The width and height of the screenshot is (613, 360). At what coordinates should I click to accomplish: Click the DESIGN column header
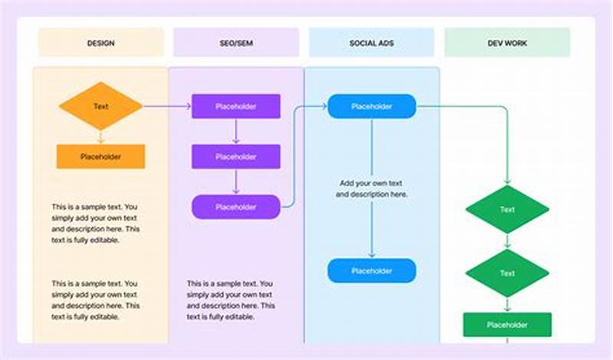pyautogui.click(x=100, y=43)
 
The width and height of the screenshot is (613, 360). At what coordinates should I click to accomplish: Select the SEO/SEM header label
pyautogui.click(x=236, y=43)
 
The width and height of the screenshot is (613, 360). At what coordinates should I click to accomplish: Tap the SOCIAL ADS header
pyautogui.click(x=372, y=43)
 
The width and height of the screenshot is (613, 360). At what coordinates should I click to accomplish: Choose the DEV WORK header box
pyautogui.click(x=507, y=43)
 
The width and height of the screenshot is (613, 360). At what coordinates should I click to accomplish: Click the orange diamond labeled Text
pyautogui.click(x=100, y=106)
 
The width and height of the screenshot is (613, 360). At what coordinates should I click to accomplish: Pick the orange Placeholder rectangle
pyautogui.click(x=100, y=156)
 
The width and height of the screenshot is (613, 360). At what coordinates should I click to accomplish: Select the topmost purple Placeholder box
pyautogui.click(x=236, y=106)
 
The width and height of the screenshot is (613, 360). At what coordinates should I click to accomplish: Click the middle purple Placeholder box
pyautogui.click(x=236, y=156)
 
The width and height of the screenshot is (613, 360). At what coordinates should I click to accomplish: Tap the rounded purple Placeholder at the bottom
pyautogui.click(x=236, y=207)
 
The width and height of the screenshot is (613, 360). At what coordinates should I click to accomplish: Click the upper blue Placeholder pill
pyautogui.click(x=372, y=106)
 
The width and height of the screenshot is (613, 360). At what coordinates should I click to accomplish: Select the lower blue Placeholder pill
pyautogui.click(x=372, y=270)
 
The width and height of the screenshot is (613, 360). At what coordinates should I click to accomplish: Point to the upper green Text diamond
pyautogui.click(x=507, y=209)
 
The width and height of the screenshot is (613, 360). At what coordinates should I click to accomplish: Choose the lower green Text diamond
pyautogui.click(x=507, y=273)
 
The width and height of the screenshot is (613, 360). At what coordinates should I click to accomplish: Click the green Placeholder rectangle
pyautogui.click(x=507, y=324)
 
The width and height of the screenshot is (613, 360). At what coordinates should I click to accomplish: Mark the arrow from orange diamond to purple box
pyautogui.click(x=167, y=106)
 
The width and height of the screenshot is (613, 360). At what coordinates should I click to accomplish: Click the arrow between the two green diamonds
pyautogui.click(x=507, y=241)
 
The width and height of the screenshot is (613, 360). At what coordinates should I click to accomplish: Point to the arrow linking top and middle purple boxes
pyautogui.click(x=236, y=131)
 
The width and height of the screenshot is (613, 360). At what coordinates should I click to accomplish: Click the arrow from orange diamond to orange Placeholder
pyautogui.click(x=100, y=137)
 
